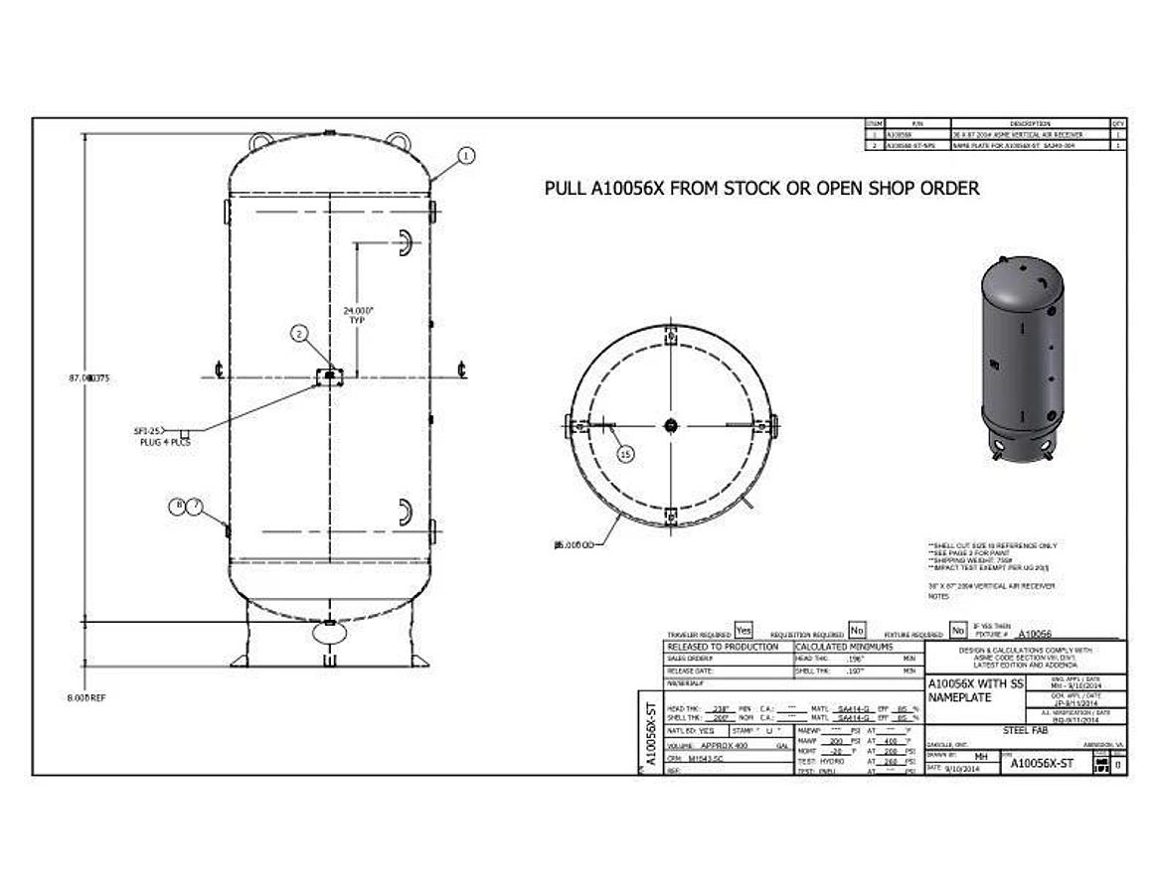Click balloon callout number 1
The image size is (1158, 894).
[x=467, y=155]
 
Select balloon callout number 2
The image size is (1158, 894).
[x=299, y=334]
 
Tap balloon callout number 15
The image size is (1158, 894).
[x=625, y=454]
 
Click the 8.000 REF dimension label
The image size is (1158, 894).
[x=87, y=698]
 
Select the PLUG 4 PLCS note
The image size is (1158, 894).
[x=164, y=442]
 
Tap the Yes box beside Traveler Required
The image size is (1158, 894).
[x=743, y=631]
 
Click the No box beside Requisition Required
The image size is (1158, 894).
[x=857, y=631]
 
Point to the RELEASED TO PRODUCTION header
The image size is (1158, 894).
[x=723, y=647]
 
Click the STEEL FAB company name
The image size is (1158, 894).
[x=1027, y=729]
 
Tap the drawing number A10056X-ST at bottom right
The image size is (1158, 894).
[x=1042, y=763]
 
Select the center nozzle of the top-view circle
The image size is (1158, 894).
[x=671, y=424]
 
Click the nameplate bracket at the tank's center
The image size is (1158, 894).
[x=328, y=375]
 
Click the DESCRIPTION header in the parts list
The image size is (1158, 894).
[x=1029, y=123]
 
